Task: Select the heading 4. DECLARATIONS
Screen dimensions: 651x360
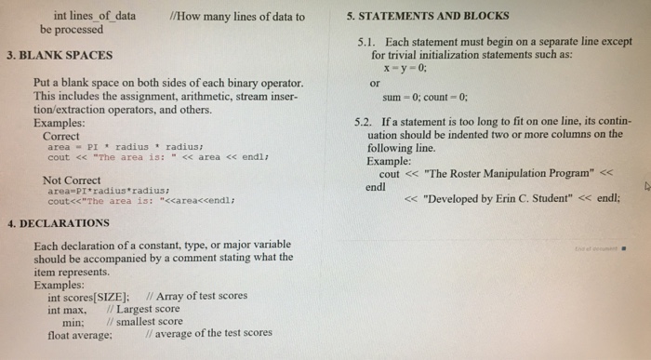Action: point(58,223)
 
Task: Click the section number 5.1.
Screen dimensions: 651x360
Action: point(368,43)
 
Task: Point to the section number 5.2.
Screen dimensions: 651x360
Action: point(367,122)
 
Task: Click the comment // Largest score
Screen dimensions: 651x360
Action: point(143,308)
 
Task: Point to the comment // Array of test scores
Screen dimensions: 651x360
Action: point(202,296)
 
